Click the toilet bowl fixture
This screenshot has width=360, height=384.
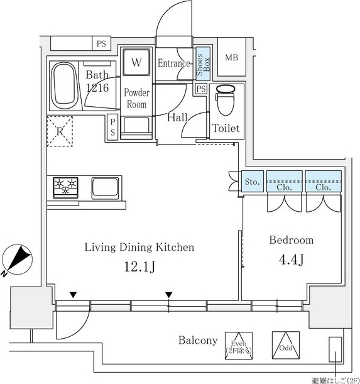(x=226, y=99)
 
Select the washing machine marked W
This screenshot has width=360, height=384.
(x=136, y=62)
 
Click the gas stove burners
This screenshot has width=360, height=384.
(x=65, y=187)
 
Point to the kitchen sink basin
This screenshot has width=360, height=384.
(x=105, y=188)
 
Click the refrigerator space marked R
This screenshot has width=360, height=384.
(x=60, y=131)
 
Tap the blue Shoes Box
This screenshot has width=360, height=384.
(x=203, y=64)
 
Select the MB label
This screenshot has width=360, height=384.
(x=231, y=58)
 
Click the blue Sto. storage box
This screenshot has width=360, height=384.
(x=253, y=181)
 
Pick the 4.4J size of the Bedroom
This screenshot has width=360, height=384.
(x=291, y=260)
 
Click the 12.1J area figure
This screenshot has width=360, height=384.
(x=139, y=266)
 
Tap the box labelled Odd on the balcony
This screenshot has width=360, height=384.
(x=286, y=345)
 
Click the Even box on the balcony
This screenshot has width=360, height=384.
(x=239, y=346)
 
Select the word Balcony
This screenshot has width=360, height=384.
(x=198, y=341)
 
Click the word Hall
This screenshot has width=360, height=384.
(x=177, y=118)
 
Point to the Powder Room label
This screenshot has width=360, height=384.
(x=137, y=99)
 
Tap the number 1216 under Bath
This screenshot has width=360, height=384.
(x=97, y=88)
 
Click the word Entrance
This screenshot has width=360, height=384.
(x=174, y=63)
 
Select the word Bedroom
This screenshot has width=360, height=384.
(x=292, y=240)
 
